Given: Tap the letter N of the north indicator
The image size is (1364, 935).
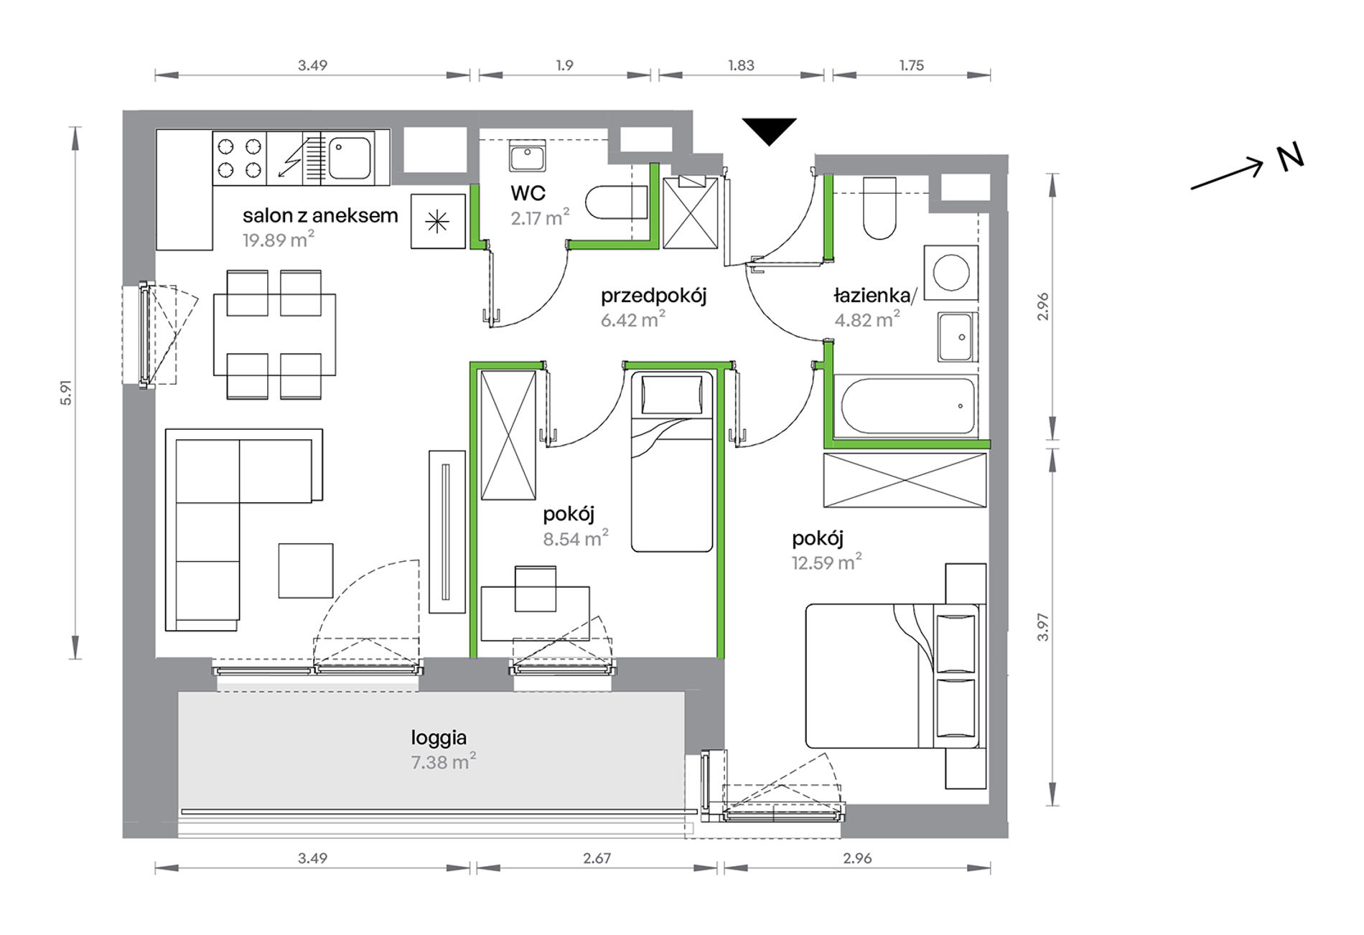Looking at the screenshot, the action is tap(1290, 158).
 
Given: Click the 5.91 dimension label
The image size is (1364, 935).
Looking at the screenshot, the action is tap(66, 393).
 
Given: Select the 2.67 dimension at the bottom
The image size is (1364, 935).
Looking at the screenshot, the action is tap(597, 858).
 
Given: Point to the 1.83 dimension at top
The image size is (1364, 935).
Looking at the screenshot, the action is tap(741, 65).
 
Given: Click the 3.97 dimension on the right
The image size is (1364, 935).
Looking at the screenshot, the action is tap(1043, 627).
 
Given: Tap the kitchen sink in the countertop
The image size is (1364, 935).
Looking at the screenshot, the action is tap(350, 158).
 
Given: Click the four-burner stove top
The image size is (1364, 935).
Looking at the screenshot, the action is tap(239, 159).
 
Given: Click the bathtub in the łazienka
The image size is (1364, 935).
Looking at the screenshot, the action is tap(907, 406).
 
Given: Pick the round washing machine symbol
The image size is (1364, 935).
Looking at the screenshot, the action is tap(951, 273).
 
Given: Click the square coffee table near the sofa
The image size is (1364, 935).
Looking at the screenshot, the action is tap(306, 570).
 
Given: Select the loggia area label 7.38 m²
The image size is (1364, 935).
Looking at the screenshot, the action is tap(443, 761).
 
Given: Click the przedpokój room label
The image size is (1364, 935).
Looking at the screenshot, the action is tap(653, 296).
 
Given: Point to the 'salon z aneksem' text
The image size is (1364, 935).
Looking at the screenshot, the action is tap(320, 215).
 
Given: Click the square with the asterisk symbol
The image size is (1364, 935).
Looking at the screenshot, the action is tap(438, 222).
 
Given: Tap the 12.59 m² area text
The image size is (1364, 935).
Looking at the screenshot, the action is tap(826, 562).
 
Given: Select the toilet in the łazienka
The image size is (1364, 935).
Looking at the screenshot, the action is tap(879, 208).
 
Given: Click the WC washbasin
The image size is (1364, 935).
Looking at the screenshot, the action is tap(528, 156).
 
